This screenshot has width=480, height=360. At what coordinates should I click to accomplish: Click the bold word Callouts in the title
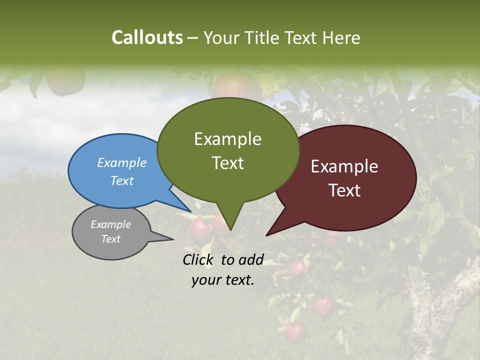click(x=147, y=37)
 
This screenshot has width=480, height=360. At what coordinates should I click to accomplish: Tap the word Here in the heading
click(x=341, y=37)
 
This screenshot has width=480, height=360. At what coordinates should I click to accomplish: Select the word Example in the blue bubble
click(x=122, y=162)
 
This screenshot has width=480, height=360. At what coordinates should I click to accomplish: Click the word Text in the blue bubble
click(x=122, y=180)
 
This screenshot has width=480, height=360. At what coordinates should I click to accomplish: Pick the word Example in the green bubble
click(x=227, y=139)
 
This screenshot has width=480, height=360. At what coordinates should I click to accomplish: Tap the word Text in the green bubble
click(x=227, y=163)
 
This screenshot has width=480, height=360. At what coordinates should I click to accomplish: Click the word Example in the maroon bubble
click(x=344, y=166)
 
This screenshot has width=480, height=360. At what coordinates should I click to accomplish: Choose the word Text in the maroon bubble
click(x=344, y=190)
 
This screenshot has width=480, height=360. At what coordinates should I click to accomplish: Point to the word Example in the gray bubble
click(x=110, y=224)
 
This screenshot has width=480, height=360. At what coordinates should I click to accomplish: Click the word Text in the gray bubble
click(x=110, y=239)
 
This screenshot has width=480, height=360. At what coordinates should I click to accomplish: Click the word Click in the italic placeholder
click(x=198, y=259)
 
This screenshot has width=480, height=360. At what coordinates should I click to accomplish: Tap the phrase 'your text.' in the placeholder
click(x=223, y=280)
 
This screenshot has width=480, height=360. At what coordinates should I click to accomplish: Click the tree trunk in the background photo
click(x=430, y=310)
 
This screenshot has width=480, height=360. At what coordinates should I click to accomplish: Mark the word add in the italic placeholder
click(x=251, y=259)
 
